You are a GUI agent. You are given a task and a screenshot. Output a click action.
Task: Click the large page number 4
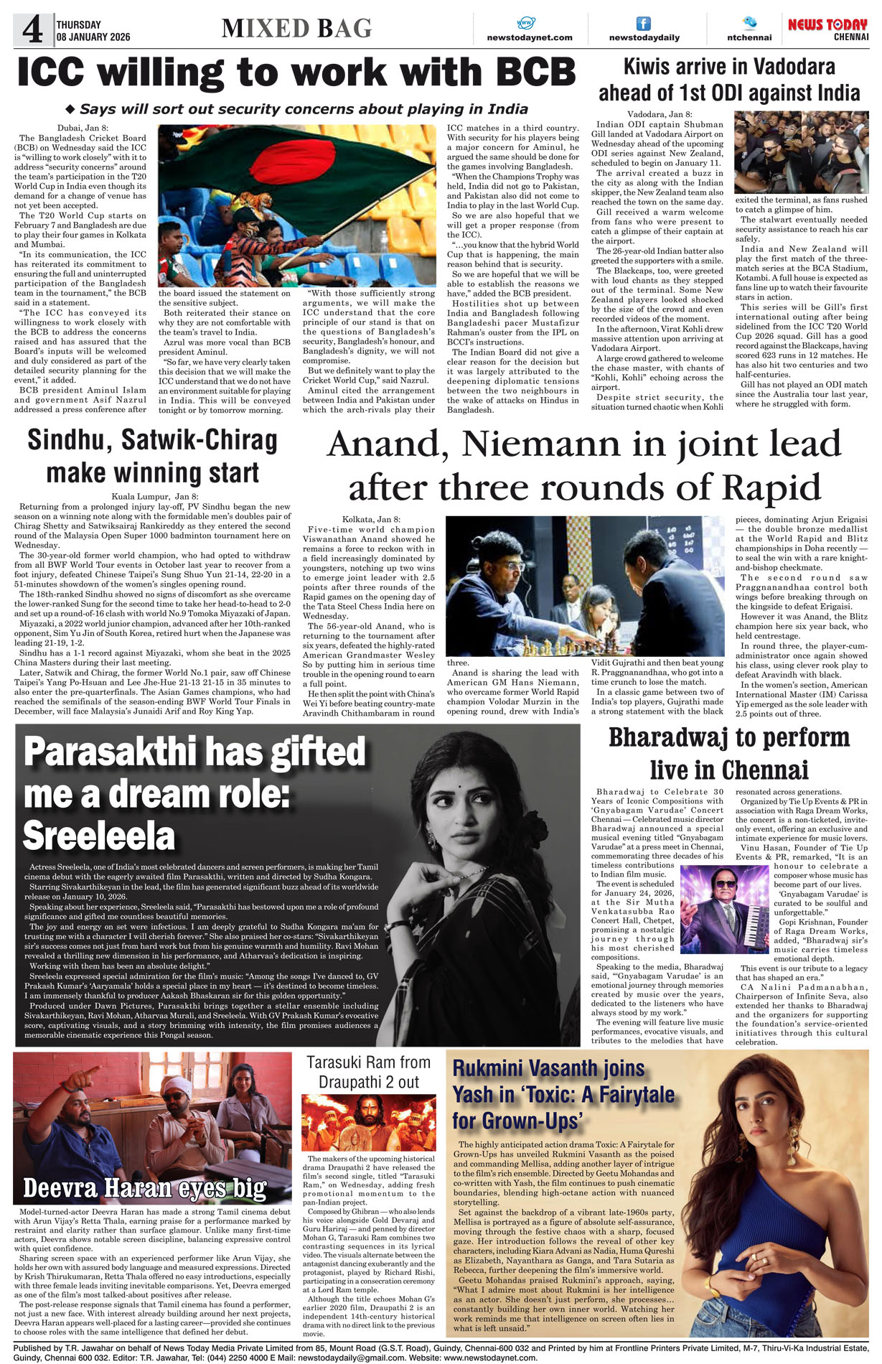(x=32, y=31)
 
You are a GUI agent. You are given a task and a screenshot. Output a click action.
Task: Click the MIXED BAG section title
(x=296, y=29)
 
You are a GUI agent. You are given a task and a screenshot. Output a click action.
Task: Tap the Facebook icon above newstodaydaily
(x=644, y=24)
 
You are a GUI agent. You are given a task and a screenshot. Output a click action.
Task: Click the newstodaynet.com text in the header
(x=530, y=37)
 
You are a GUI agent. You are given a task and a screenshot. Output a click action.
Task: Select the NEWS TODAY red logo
(x=827, y=25)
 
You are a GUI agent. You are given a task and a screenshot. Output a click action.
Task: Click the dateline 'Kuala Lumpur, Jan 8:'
(x=154, y=496)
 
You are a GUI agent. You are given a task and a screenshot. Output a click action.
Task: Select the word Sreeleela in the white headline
(x=99, y=836)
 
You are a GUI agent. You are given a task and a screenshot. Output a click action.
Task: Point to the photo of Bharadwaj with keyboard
(x=723, y=909)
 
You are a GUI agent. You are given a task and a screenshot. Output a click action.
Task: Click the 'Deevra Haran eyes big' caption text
(x=144, y=1189)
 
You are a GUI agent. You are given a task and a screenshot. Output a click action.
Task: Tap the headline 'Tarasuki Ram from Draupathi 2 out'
(x=368, y=1072)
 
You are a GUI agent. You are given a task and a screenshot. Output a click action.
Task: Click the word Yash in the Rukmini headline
(x=473, y=1095)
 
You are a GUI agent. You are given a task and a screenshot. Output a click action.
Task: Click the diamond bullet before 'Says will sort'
(x=70, y=110)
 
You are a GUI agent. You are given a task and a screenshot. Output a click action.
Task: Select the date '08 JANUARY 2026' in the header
(x=93, y=37)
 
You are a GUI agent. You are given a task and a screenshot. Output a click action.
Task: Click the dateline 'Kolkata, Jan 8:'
(x=371, y=519)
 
